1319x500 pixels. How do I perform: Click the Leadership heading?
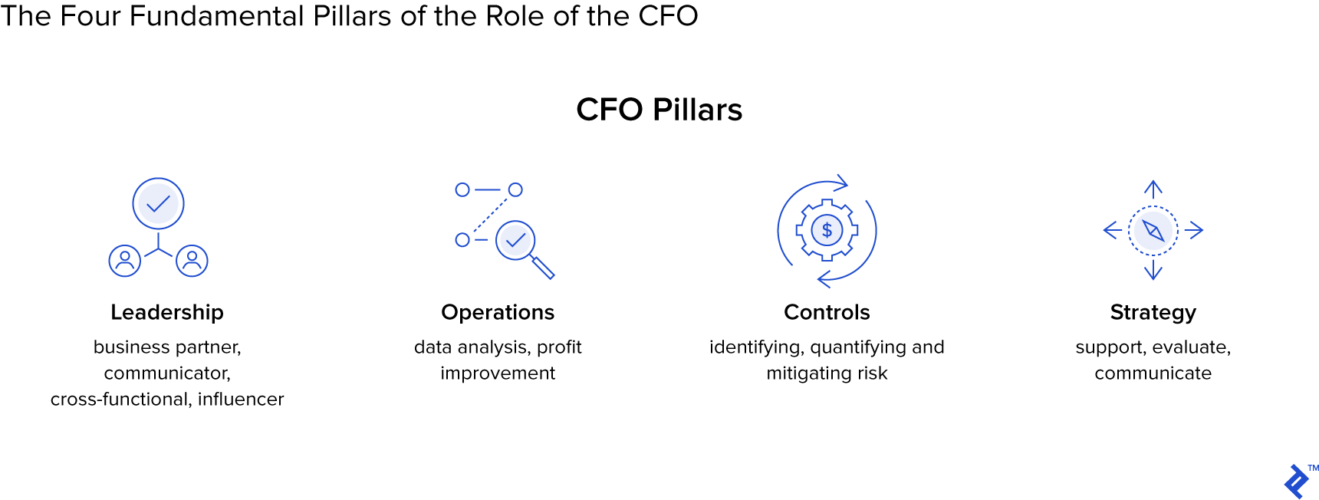point(167,312)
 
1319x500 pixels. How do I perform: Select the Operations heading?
point(498,312)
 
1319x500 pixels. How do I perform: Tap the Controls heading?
point(827,312)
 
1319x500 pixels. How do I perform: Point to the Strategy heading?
point(1153,312)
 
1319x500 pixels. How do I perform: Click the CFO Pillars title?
point(659,110)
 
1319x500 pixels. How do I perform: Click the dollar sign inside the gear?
point(827,230)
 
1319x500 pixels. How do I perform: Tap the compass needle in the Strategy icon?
point(1153,230)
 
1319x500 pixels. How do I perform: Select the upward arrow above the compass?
point(1153,188)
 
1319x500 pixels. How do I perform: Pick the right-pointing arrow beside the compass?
point(1195,230)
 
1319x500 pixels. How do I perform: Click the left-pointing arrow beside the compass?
point(1112,230)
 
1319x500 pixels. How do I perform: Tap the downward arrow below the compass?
point(1153,271)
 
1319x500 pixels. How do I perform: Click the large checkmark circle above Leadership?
point(158,204)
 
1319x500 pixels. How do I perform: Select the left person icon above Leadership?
point(125,261)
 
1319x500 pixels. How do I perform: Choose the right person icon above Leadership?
point(192,261)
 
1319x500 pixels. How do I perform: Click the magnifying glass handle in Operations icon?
point(543,268)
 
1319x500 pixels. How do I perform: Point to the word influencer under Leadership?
point(241,399)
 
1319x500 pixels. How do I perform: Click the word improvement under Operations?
point(498,373)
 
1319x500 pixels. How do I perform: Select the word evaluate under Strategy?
point(1191,347)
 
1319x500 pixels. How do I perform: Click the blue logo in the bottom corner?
point(1296,482)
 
